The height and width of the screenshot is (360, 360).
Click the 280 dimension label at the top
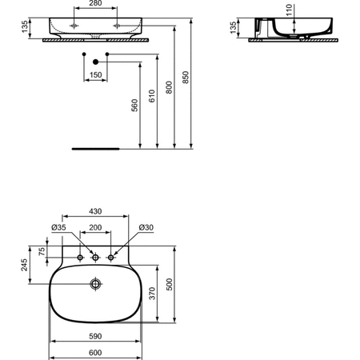click(95, 3)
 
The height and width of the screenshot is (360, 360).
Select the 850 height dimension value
click(186, 78)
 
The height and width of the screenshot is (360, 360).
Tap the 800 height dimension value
click(169, 87)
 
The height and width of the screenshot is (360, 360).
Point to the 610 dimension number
click(151, 96)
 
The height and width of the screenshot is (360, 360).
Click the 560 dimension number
click(134, 106)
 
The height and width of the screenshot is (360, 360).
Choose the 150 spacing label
click(95, 75)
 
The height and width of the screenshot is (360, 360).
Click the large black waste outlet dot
click(96, 62)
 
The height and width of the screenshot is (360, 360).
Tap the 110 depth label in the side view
click(289, 10)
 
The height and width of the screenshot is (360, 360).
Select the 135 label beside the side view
click(233, 28)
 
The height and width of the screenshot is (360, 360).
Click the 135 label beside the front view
click(24, 26)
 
